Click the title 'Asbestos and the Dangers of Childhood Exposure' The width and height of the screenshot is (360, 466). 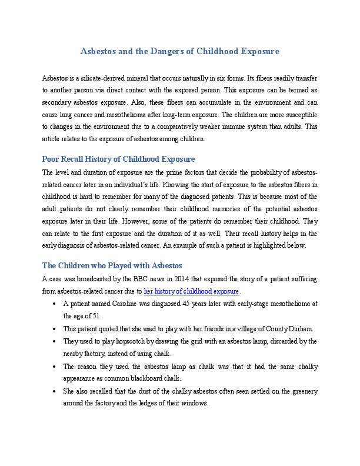point(179,52)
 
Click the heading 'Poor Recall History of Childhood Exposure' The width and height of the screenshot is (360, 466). point(118,159)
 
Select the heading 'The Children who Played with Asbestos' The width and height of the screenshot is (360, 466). point(112,265)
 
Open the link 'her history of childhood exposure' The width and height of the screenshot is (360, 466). point(192,291)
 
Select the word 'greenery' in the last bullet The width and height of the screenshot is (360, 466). point(302,391)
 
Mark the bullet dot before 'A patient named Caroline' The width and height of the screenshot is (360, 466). point(54,304)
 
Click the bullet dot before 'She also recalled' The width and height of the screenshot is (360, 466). point(54,391)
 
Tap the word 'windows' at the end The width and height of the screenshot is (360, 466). point(194,403)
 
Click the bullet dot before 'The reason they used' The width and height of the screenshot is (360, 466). point(54,367)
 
